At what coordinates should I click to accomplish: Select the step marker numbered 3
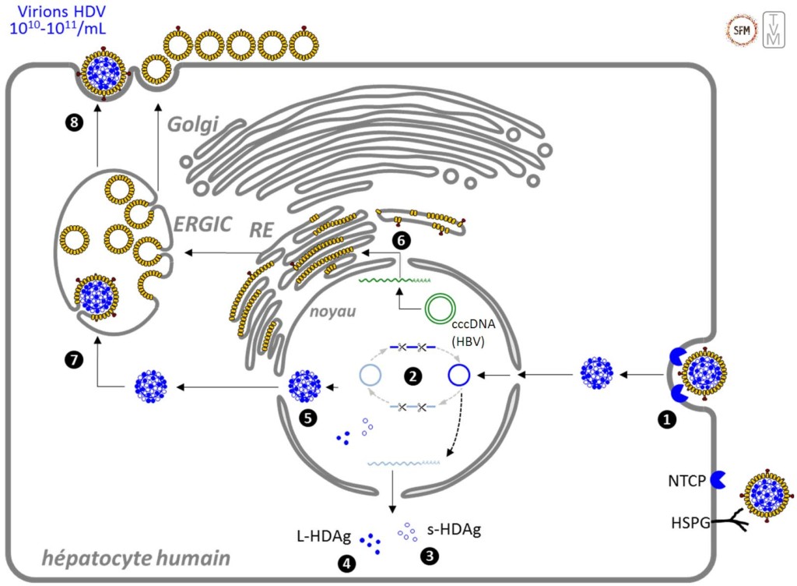(x=427, y=556)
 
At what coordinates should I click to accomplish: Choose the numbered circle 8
(x=74, y=123)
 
